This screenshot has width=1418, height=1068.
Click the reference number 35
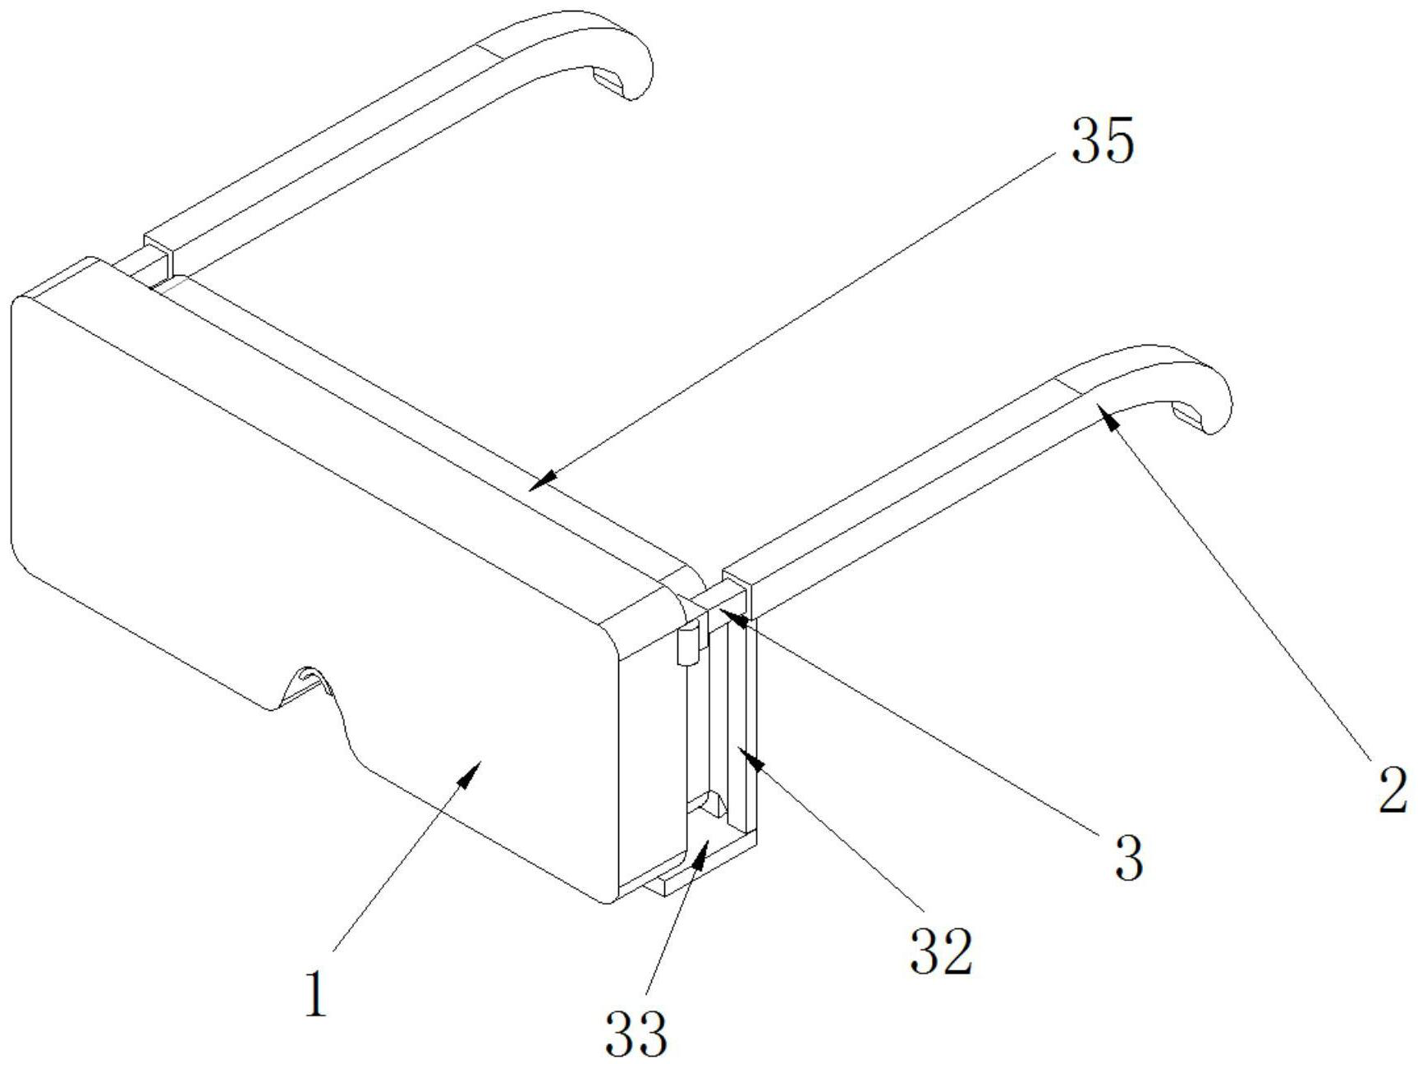[x=1102, y=141]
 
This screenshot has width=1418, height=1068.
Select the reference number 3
[x=1130, y=859]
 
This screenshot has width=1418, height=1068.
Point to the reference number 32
[x=941, y=952]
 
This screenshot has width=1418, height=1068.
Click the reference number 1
[x=316, y=993]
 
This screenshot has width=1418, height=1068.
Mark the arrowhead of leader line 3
[x=727, y=614]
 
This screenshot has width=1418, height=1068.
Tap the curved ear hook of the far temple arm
[x=624, y=57]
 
